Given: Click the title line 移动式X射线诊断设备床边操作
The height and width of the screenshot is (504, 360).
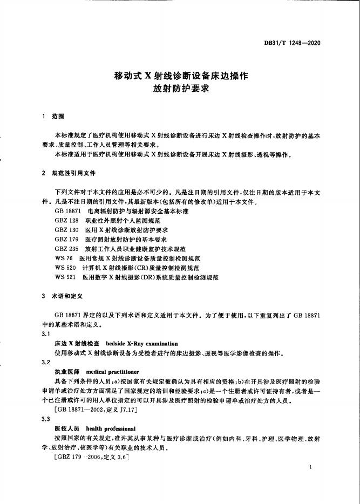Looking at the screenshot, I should click(x=181, y=76).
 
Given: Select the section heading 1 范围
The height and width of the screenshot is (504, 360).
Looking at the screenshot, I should click(x=53, y=115).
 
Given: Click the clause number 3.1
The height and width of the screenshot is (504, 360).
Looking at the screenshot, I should click(x=46, y=334).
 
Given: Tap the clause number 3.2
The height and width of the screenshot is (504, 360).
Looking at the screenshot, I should click(x=46, y=363).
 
